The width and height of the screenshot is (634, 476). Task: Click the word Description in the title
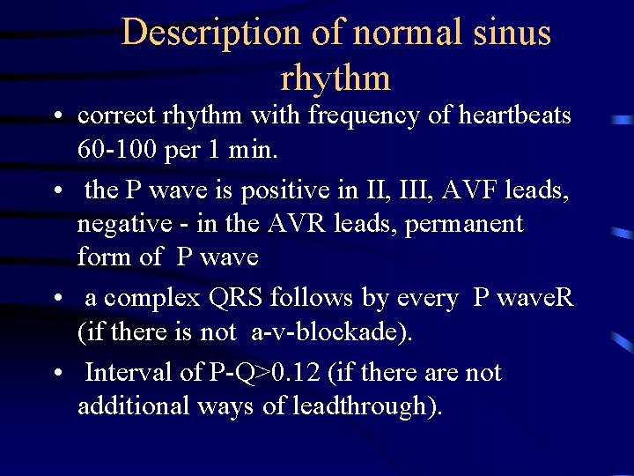coord(210,33)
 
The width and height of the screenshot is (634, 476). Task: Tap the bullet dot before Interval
coord(56,374)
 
